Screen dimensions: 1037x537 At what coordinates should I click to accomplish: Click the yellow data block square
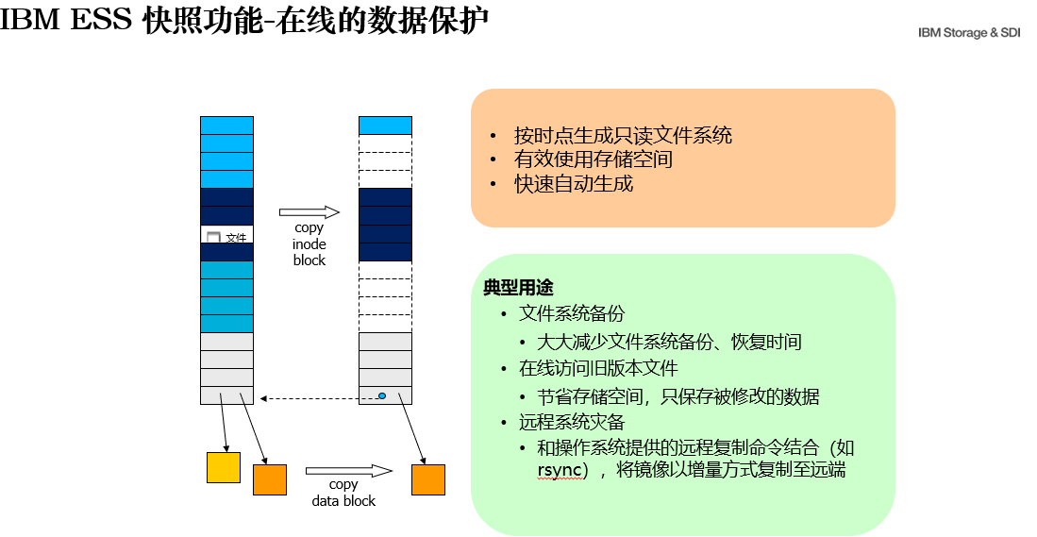coord(224,467)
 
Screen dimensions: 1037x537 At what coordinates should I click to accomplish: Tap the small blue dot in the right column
coord(381,395)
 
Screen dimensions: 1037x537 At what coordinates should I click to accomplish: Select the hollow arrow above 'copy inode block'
coord(309,212)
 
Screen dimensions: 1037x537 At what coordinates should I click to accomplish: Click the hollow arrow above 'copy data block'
coord(349,471)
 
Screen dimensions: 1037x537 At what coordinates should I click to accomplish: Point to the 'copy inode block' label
coord(309,244)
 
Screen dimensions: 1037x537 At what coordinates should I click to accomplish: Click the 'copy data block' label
coord(343,493)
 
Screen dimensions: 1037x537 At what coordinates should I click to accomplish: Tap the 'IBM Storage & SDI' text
coord(969,32)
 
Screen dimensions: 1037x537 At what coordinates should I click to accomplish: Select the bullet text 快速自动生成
coord(574,184)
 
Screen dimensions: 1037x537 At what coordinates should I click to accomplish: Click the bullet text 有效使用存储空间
coord(594,159)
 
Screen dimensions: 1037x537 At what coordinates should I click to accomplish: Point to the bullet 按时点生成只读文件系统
coord(623,136)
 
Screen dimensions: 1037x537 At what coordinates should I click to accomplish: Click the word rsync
coord(560,470)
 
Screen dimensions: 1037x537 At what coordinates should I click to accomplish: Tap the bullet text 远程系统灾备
coord(572,422)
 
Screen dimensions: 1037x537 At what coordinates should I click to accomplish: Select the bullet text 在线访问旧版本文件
coord(598,368)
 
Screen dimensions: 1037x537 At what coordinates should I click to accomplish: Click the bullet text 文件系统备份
coord(572,313)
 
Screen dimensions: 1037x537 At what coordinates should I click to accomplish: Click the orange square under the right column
coord(428,479)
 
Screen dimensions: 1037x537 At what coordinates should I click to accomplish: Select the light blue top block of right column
coord(386,126)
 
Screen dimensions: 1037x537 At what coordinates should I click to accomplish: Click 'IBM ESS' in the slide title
coord(66,20)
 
